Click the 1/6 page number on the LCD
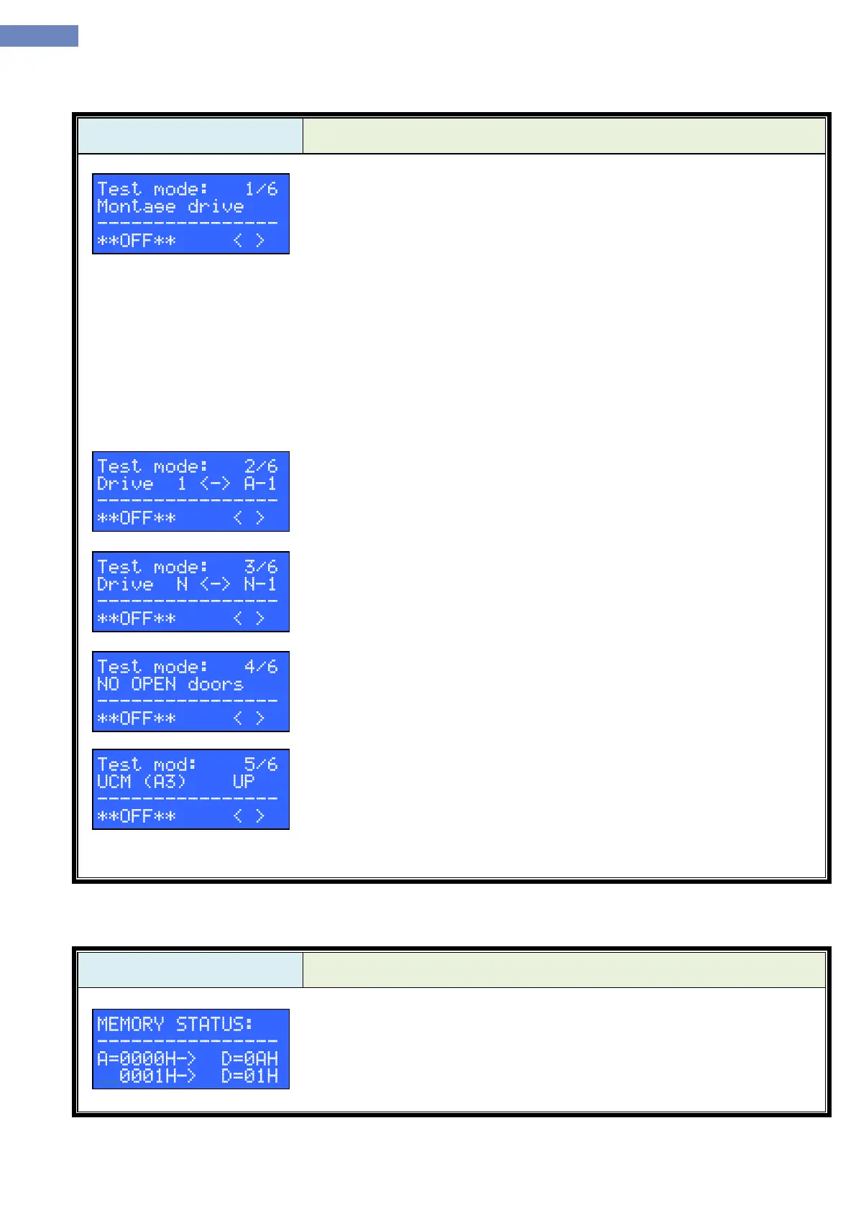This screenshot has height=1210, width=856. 260,189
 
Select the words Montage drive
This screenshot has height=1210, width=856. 170,207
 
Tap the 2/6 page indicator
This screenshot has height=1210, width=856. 260,467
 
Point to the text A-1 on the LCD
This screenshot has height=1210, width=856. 260,484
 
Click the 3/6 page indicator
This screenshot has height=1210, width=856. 260,568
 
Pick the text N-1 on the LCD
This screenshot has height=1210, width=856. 260,585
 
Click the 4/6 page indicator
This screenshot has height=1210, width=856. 260,668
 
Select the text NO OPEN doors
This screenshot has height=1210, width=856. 170,685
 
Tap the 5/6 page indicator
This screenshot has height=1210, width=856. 260,765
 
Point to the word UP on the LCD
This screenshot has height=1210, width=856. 244,782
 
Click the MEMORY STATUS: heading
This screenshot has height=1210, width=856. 175,1024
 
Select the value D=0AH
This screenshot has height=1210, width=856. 249,1058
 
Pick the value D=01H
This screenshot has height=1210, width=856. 249,1076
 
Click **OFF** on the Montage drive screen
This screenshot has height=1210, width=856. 137,241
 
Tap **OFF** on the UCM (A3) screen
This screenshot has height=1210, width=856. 137,817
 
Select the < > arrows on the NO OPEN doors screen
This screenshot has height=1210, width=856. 249,719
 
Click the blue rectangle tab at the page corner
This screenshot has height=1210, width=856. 39,36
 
